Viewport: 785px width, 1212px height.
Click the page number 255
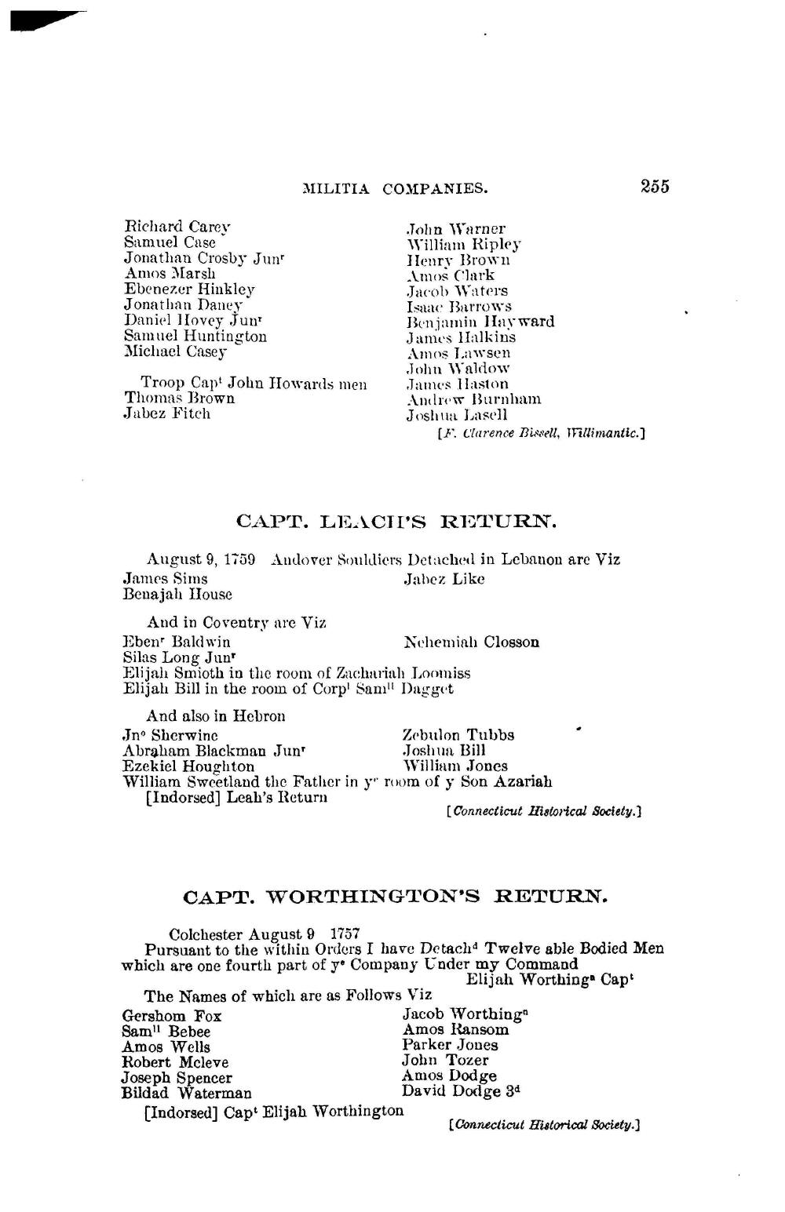coord(655,187)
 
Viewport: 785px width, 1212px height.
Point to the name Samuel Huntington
coord(195,337)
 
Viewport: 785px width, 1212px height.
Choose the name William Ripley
coord(463,245)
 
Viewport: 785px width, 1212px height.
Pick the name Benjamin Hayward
coord(480,322)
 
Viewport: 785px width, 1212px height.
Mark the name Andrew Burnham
coord(473,399)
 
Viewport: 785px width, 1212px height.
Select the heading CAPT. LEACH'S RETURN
coord(396,522)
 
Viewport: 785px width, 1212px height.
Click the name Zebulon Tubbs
coord(458,735)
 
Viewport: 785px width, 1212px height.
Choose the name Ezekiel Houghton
coord(188,766)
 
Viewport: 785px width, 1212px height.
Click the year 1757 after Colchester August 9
coord(345,934)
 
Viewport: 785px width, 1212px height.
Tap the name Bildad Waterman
coord(187,1093)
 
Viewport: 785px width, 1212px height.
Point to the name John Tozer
coord(445,1061)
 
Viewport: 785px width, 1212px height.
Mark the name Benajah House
coord(177,595)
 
